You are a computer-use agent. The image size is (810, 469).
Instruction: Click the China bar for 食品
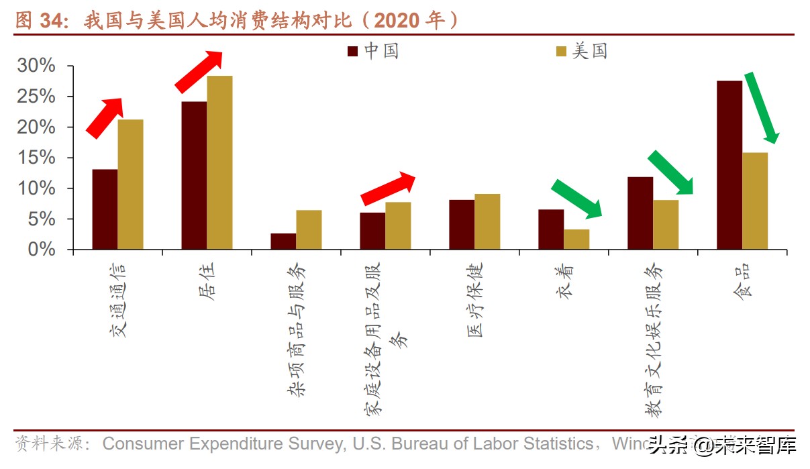[x=729, y=165]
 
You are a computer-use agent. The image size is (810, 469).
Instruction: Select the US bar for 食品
[x=755, y=201]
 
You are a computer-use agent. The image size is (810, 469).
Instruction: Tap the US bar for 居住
[x=219, y=162]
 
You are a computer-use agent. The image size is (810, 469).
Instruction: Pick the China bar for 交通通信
[x=105, y=209]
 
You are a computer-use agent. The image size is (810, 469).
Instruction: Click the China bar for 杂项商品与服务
[x=283, y=242]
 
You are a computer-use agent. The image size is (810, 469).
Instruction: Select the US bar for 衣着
[x=576, y=240]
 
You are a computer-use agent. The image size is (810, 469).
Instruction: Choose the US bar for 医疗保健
[x=487, y=221]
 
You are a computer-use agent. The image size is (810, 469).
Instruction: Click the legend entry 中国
[x=372, y=51]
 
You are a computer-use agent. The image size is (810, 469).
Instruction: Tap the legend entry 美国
[x=581, y=51]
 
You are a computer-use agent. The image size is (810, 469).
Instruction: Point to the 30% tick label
[x=37, y=66]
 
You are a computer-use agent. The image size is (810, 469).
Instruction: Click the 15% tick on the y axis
[x=37, y=158]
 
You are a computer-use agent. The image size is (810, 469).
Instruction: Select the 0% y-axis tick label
[x=42, y=250]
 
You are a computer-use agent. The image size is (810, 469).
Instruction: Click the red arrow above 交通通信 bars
[x=105, y=118]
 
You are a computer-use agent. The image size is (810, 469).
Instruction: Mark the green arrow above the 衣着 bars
[x=576, y=199]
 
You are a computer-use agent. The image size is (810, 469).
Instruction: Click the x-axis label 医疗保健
[x=474, y=299]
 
